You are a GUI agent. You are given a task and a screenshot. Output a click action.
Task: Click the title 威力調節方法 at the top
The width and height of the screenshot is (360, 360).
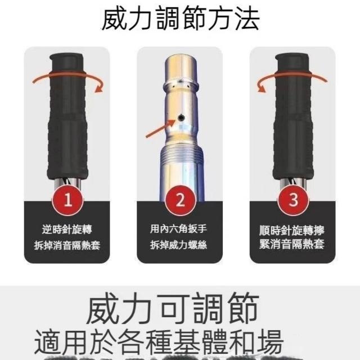pos(181,19)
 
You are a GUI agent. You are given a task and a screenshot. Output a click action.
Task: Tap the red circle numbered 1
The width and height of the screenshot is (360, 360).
pos(67,200)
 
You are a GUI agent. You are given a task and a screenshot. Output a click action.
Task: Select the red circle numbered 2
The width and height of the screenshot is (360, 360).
pos(181,200)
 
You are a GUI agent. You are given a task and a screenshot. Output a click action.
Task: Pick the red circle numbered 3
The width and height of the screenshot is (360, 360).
pos(293,200)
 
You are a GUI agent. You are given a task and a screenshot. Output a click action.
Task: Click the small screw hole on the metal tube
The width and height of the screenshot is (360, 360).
pos(181,118)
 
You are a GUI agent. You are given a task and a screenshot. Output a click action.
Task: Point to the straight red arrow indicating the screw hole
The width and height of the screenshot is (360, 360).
pos(160,128)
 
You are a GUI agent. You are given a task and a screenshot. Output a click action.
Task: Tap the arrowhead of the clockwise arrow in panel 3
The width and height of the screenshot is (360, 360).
pos(261,88)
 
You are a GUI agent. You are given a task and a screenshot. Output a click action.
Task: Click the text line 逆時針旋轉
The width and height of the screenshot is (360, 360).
pos(67,229)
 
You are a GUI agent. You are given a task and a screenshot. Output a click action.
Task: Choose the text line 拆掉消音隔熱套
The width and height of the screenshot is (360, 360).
pos(67,245)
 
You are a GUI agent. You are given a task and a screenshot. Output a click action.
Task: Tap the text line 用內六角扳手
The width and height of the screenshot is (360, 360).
pos(179,229)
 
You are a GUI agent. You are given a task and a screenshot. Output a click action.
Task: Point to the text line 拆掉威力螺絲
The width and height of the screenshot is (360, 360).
pos(179,245)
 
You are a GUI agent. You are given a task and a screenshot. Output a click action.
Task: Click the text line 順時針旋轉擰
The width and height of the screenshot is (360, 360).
pos(291,230)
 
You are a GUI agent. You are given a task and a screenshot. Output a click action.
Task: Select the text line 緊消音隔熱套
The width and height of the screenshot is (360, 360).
pos(291,244)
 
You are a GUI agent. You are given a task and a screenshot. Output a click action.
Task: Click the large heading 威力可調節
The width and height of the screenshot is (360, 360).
pos(173,308)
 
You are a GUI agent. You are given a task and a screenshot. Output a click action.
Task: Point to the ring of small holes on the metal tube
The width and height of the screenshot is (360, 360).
pos(181,84)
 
